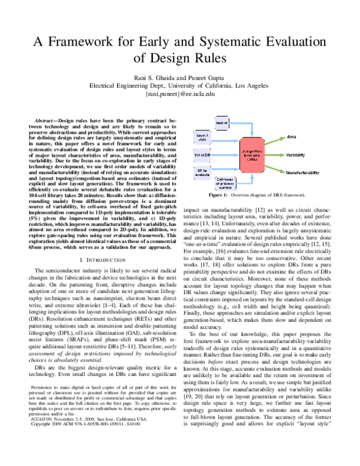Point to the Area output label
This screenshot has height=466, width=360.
click(x=293, y=137)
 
